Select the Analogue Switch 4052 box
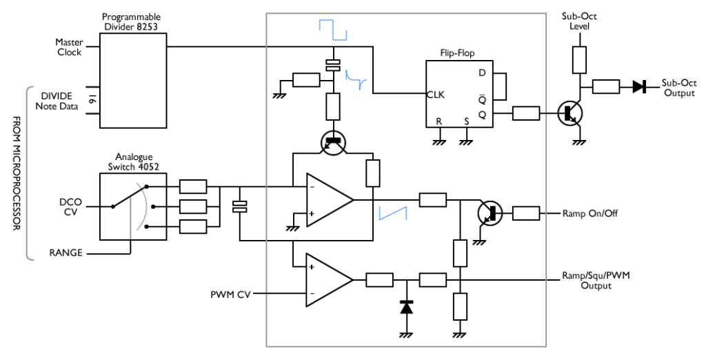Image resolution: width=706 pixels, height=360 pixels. click(x=133, y=206)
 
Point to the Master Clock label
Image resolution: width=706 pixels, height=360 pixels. click(x=68, y=47)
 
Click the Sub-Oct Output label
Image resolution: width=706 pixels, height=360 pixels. click(x=679, y=88)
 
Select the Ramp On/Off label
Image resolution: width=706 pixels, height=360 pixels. click(x=589, y=213)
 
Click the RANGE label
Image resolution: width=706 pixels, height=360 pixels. click(x=65, y=253)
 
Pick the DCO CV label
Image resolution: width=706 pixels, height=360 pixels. click(x=70, y=206)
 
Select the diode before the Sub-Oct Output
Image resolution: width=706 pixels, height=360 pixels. click(x=639, y=86)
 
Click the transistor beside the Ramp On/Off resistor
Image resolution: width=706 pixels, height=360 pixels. click(x=490, y=213)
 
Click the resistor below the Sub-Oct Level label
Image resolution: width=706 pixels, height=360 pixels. click(x=580, y=60)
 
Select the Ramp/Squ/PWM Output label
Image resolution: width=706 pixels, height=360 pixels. click(x=596, y=280)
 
